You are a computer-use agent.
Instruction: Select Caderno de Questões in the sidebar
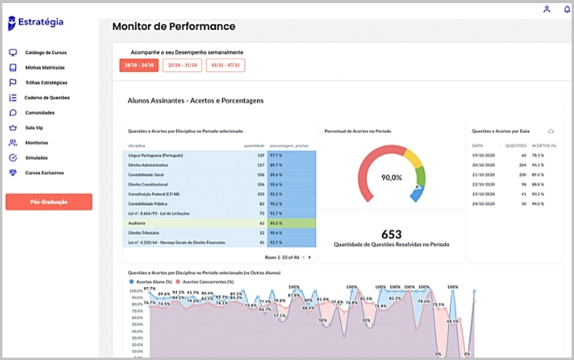[47, 97]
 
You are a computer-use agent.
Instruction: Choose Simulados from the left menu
[36, 157]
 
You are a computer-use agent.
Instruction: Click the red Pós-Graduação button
[49, 202]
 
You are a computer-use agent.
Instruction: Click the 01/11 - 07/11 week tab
[226, 65]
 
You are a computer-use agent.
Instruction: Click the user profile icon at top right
[546, 9]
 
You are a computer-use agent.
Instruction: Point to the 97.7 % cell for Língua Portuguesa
[277, 155]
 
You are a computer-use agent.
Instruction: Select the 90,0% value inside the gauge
[392, 178]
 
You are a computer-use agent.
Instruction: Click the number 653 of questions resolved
[391, 233]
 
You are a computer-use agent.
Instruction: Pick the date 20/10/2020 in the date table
[483, 165]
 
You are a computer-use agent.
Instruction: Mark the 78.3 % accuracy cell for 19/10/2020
[538, 155]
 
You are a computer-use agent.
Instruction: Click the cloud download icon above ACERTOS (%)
[550, 131]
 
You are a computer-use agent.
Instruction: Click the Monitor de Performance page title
[173, 26]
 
